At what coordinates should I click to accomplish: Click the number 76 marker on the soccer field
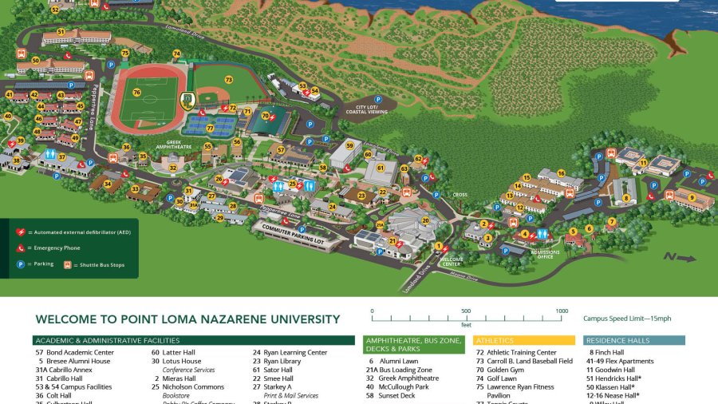(136, 93)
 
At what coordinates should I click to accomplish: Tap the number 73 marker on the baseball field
(228, 80)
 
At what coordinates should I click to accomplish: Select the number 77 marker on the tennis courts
(210, 128)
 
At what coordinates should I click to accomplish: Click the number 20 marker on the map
(425, 220)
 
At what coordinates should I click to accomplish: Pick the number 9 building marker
(692, 197)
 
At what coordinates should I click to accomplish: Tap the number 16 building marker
(561, 173)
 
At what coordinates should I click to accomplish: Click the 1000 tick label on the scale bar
(562, 311)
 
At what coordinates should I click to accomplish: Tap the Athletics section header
(495, 340)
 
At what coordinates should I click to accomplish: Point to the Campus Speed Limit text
(627, 319)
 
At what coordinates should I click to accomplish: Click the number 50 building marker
(35, 60)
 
